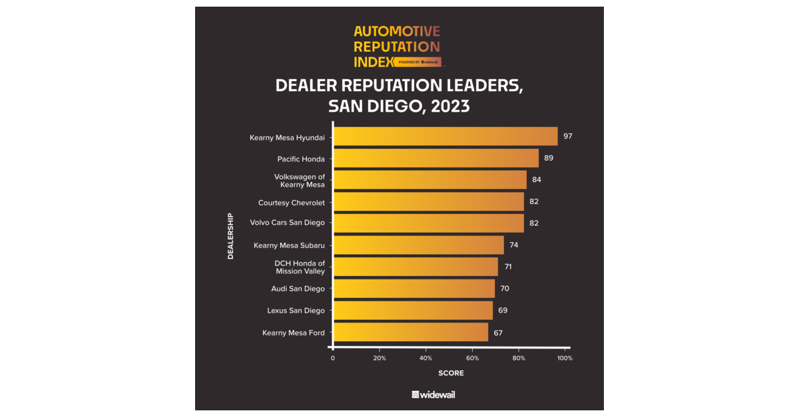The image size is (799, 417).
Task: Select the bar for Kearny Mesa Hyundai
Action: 445,136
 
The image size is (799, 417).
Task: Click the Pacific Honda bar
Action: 435,158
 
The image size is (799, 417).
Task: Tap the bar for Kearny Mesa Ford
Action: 410,332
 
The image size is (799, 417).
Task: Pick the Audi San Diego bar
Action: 413,289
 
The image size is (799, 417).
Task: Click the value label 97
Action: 567,136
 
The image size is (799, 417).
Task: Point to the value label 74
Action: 513,245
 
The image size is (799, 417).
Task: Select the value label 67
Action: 498,332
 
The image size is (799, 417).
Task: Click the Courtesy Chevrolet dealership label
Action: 291,202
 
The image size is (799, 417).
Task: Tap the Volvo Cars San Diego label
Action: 287,223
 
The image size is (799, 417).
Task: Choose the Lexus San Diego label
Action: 296,311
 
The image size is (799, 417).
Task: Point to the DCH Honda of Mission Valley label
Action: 300,267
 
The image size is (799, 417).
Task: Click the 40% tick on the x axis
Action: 425,358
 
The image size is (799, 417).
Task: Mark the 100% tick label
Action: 565,358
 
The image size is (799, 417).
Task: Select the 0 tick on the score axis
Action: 333,358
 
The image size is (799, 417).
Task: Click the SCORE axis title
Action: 451,373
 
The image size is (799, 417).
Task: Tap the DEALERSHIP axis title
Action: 231,235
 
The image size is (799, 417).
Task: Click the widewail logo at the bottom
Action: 433,394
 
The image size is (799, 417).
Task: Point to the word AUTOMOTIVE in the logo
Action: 396,31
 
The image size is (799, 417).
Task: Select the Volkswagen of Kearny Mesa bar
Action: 429,180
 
